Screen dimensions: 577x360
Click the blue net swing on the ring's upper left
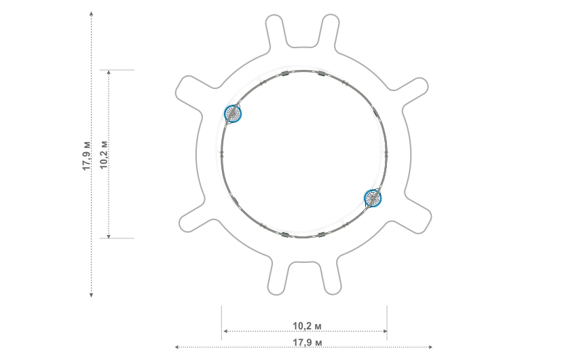pos(233,114)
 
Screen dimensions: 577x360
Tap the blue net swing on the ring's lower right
pos(373,198)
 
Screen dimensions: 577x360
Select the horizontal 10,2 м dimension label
pos(307,326)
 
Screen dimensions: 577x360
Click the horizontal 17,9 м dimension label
pos(307,343)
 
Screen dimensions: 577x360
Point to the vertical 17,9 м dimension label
pos(86,156)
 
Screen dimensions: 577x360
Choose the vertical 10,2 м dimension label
pos(104,155)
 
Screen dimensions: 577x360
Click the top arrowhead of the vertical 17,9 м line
pos(91,14)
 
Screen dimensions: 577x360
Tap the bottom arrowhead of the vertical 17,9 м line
pos(91,295)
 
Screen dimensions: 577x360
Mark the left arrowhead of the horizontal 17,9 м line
pos(177,346)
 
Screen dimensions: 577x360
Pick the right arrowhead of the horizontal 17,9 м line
pos(430,346)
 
